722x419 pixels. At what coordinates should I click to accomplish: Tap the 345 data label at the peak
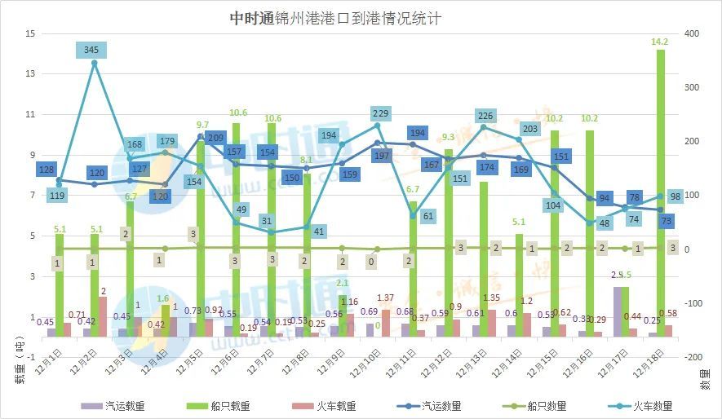tap(91, 51)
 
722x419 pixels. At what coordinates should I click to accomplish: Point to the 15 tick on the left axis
tap(30, 33)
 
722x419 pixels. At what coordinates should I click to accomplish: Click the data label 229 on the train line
tap(378, 113)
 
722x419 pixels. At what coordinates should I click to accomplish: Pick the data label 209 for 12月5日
tap(216, 139)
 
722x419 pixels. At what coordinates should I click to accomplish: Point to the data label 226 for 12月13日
tap(484, 116)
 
